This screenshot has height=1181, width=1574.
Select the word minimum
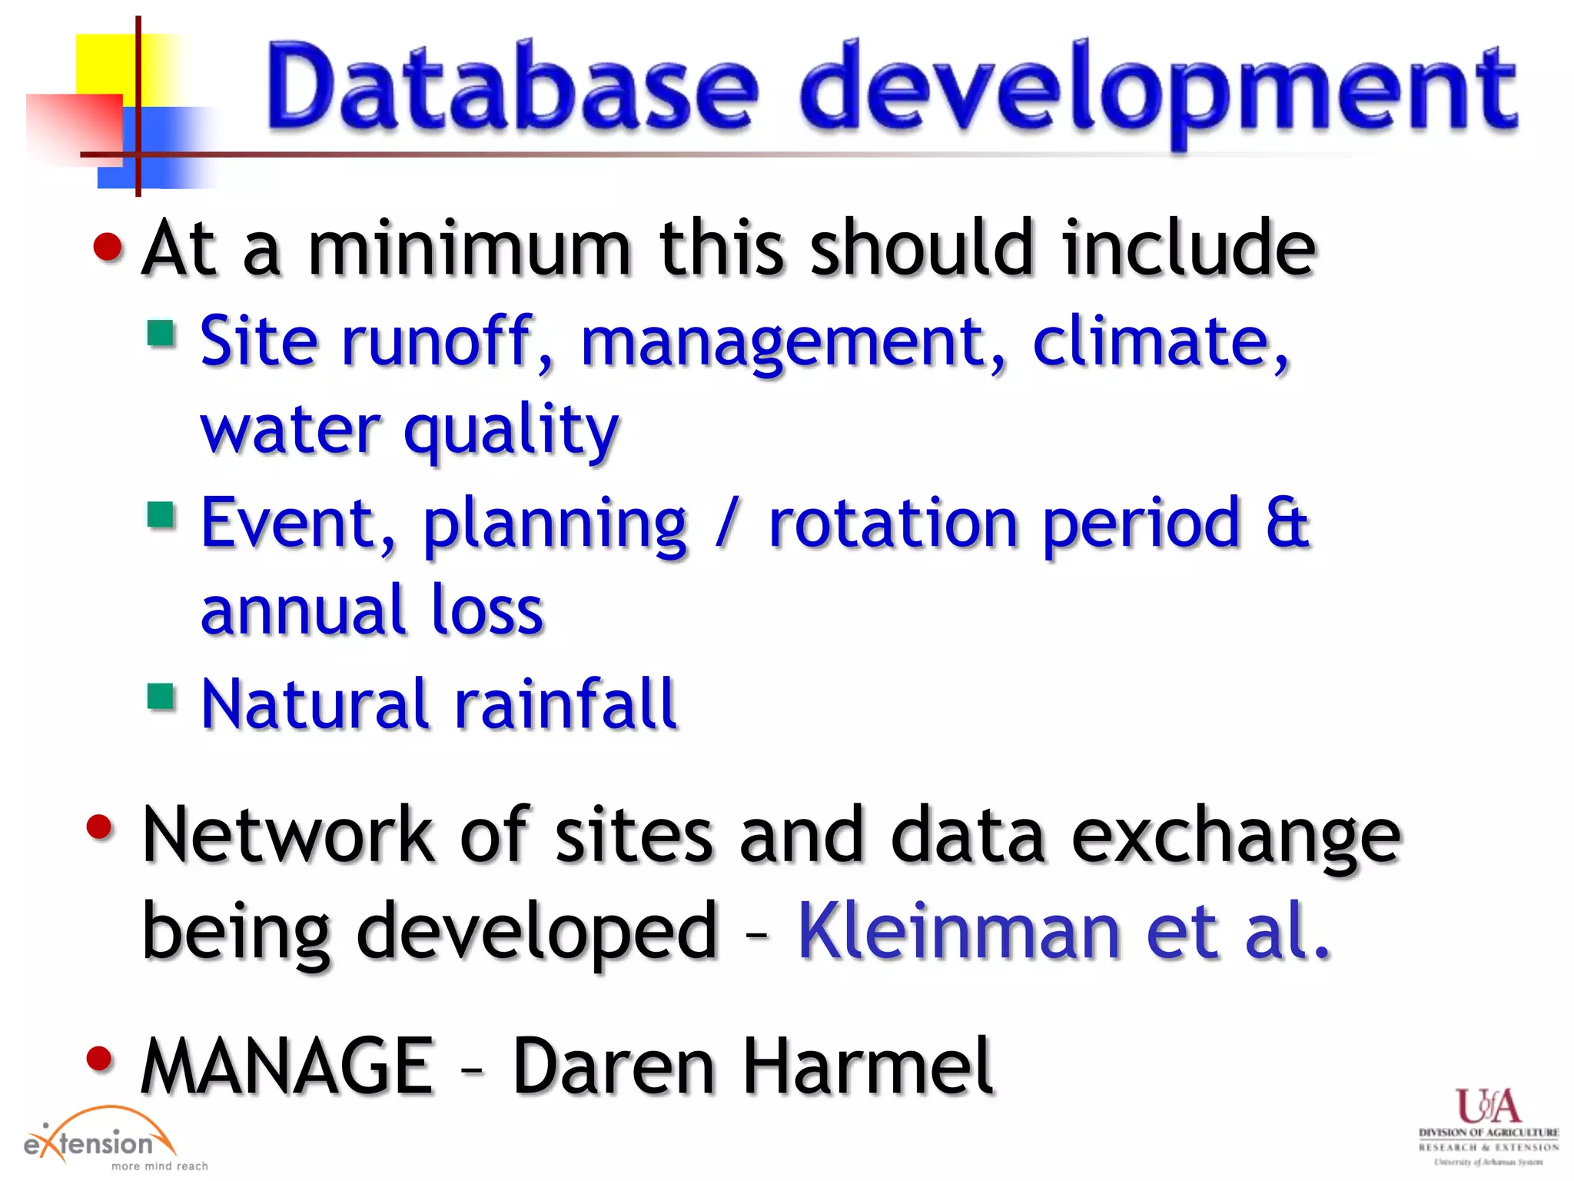(x=469, y=250)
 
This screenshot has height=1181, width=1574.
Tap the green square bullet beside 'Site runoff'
(x=161, y=334)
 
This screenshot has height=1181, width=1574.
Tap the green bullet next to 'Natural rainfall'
(x=161, y=697)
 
